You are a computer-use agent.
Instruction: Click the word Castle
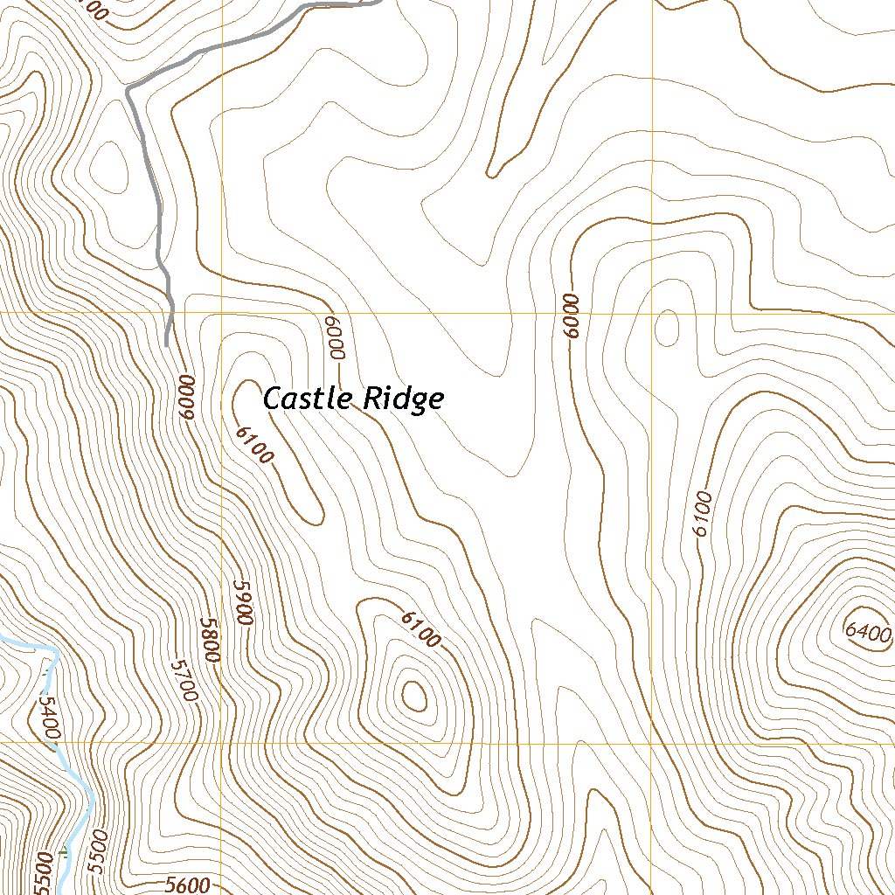pyautogui.click(x=306, y=399)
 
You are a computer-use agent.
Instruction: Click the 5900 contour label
pyautogui.click(x=242, y=601)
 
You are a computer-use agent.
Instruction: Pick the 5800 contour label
pyautogui.click(x=209, y=640)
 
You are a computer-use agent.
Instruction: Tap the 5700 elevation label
pyautogui.click(x=185, y=680)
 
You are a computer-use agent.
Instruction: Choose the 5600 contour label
pyautogui.click(x=187, y=885)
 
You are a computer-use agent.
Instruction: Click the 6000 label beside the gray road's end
pyautogui.click(x=184, y=396)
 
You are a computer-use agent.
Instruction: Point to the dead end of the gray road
pyautogui.click(x=166, y=344)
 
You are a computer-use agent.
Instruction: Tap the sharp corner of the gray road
pyautogui.click(x=128, y=88)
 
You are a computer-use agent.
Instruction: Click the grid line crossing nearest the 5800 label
pyautogui.click(x=221, y=743)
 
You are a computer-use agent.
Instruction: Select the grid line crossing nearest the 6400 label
pyautogui.click(x=653, y=743)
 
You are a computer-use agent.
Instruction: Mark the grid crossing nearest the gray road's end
pyautogui.click(x=221, y=312)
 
